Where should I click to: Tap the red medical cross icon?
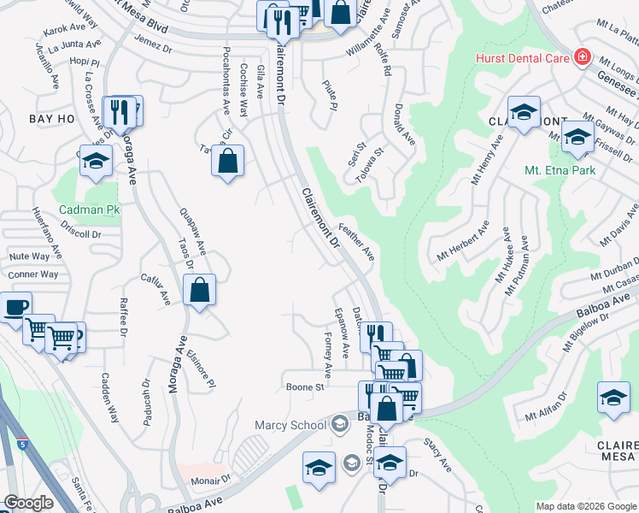(x=583, y=56)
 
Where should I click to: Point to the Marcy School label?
(x=290, y=425)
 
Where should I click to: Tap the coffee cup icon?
(x=15, y=308)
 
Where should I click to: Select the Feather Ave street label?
(x=357, y=242)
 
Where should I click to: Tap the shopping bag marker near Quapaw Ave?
(x=199, y=291)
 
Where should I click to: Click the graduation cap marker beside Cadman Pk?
(x=96, y=162)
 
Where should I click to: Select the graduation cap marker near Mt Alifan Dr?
(x=613, y=398)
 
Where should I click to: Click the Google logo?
(x=29, y=503)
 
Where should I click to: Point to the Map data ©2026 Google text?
(x=586, y=505)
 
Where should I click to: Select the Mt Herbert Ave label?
(x=464, y=242)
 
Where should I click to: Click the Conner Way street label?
(x=33, y=274)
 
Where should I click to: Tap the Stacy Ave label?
(x=437, y=453)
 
